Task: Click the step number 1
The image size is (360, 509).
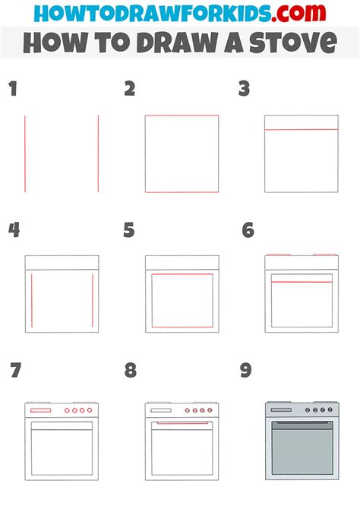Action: click(x=13, y=89)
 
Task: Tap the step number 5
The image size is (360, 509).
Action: click(x=129, y=230)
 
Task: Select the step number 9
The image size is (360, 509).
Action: click(x=246, y=370)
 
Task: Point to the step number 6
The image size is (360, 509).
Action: click(x=248, y=230)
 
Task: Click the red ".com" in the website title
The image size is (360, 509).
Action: click(x=298, y=13)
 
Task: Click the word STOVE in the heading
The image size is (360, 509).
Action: click(x=293, y=43)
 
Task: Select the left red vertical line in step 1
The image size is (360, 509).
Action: click(x=25, y=153)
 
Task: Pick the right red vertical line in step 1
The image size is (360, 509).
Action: click(x=99, y=153)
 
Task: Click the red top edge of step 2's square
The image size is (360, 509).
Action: click(x=182, y=115)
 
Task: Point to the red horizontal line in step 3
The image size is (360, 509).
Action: click(x=302, y=129)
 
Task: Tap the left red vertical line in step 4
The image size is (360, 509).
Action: click(x=32, y=300)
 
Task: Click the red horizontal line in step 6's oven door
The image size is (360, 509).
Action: click(x=302, y=282)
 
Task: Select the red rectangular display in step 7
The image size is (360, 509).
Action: click(x=40, y=410)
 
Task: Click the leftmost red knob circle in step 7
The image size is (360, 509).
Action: click(x=67, y=410)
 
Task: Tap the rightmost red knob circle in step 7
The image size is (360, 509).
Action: click(x=90, y=410)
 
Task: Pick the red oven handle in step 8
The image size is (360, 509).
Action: click(x=182, y=423)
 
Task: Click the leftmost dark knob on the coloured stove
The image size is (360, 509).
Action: click(x=308, y=410)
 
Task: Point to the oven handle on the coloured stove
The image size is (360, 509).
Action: click(x=302, y=422)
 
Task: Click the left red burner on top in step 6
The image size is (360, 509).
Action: click(x=279, y=254)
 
